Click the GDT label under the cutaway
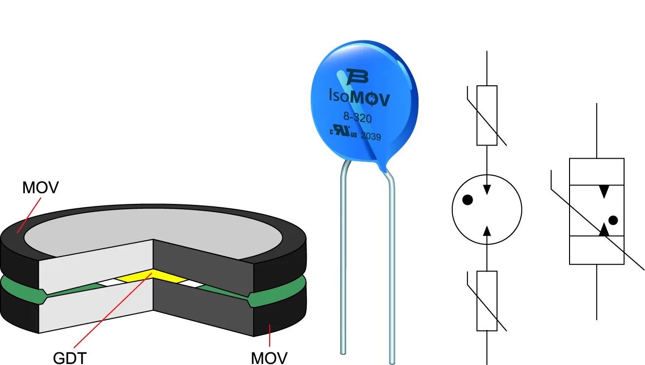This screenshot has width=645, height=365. tap(70, 357)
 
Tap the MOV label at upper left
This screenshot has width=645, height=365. tap(40, 187)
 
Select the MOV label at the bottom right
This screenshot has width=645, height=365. tap(269, 357)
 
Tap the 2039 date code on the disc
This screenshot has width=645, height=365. tap(371, 137)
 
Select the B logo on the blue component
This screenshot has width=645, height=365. tap(357, 77)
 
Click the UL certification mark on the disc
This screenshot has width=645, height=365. tap(344, 132)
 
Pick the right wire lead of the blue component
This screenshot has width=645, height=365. tap(392, 268)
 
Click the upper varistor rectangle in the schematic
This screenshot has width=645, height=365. tap(487, 115)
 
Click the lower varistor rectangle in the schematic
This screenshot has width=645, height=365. tap(487, 300)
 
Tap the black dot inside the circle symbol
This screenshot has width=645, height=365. tap(467, 199)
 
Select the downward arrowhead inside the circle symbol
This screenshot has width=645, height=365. tap(487, 189)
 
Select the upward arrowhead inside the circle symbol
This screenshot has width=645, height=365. tap(487, 230)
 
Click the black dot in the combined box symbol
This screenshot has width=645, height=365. tap(613, 220)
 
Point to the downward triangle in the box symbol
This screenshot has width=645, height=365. tap(604, 192)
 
